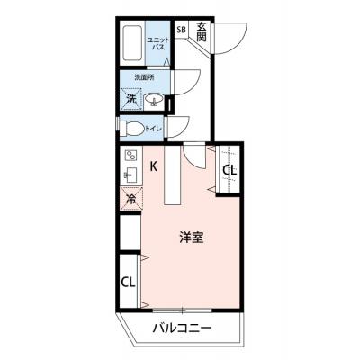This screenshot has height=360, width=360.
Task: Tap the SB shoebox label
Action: pyautogui.click(x=181, y=31)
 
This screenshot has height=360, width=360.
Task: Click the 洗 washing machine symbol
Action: pyautogui.click(x=130, y=99)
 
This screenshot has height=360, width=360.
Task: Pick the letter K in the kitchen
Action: pyautogui.click(x=154, y=166)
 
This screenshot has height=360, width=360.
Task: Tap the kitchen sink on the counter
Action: pyautogui.click(x=130, y=174)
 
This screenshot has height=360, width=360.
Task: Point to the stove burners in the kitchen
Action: pyautogui.click(x=130, y=155)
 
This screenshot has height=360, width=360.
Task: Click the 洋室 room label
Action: pyautogui.click(x=190, y=238)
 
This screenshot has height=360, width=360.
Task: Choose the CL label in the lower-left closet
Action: pyautogui.click(x=129, y=280)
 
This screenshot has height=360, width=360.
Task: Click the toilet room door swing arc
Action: pyautogui.click(x=176, y=126)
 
